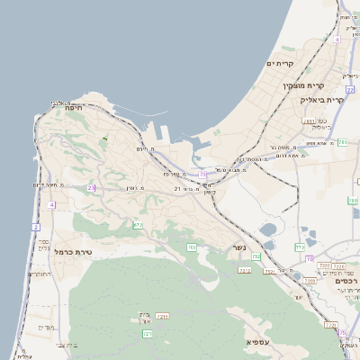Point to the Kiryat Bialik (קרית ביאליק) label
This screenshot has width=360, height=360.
338,99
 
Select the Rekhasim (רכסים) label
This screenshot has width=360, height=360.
343,281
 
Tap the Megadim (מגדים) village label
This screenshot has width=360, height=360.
47,328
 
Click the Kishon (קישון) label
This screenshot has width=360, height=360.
209,192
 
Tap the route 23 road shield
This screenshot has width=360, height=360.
91,187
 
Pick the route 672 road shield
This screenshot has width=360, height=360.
138,225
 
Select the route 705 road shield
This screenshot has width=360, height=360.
192,247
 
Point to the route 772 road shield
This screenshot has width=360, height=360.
301,247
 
